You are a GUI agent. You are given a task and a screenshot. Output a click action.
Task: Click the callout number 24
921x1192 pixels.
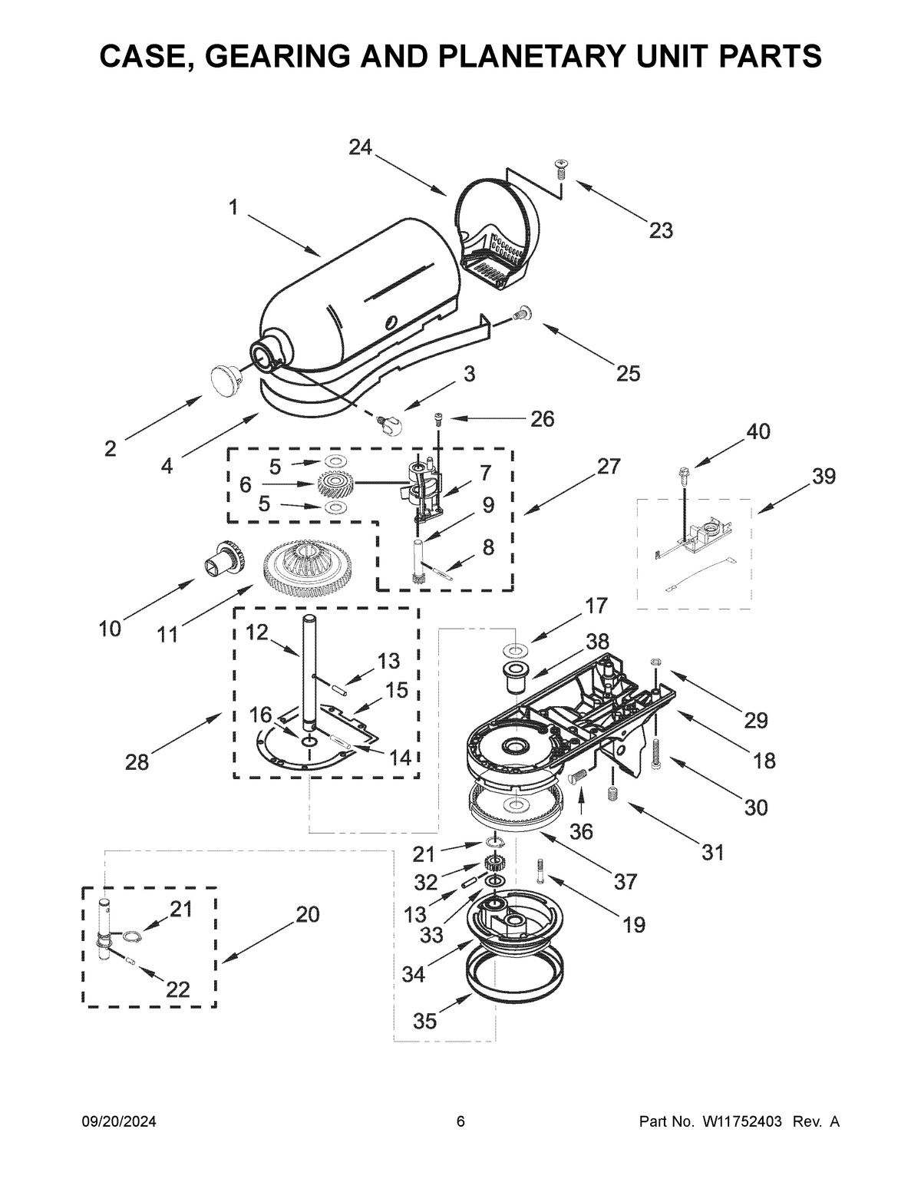pyautogui.click(x=360, y=147)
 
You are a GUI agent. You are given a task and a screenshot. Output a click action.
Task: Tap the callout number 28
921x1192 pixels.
pyautogui.click(x=138, y=761)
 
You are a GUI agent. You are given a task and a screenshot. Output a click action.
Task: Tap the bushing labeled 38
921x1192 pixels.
pyautogui.click(x=513, y=676)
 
